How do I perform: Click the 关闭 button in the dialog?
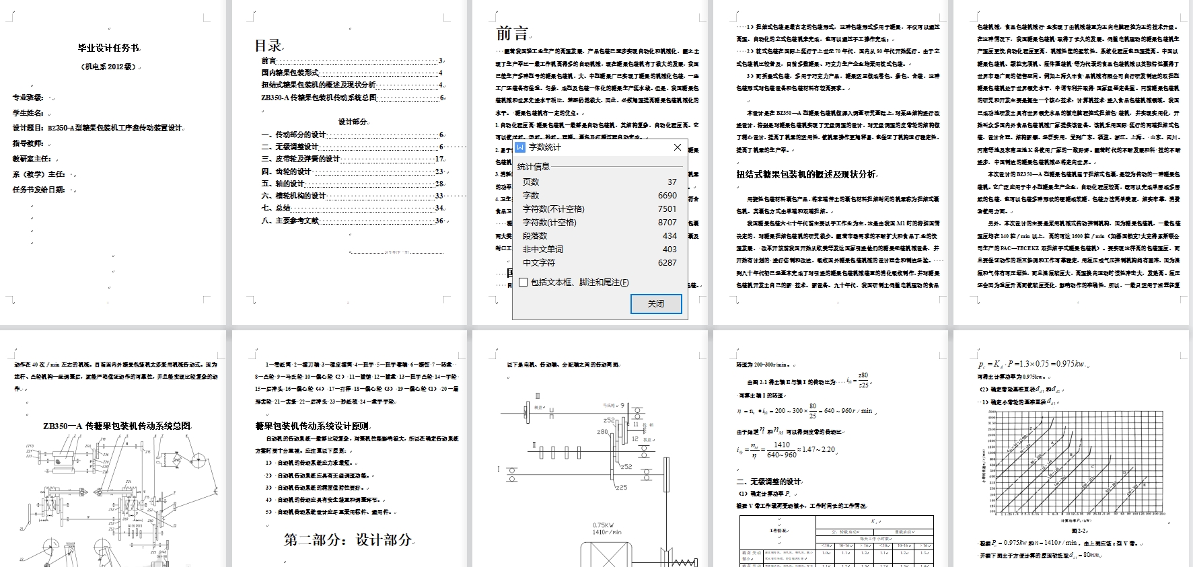point(656,304)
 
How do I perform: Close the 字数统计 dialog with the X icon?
point(678,147)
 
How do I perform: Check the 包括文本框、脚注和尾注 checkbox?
point(523,282)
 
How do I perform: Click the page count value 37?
point(672,182)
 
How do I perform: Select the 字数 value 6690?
point(667,196)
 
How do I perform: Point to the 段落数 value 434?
point(669,236)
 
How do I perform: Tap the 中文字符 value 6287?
point(667,263)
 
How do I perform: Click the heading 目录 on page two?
point(268,46)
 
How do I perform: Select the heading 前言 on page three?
point(512,33)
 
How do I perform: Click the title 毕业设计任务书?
point(108,48)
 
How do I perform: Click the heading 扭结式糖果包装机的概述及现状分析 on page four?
point(805,174)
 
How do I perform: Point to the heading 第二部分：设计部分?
point(347,540)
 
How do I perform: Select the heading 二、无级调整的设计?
point(768,482)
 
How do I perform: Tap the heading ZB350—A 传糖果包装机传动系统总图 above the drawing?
point(117,426)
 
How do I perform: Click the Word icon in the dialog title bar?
point(520,147)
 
